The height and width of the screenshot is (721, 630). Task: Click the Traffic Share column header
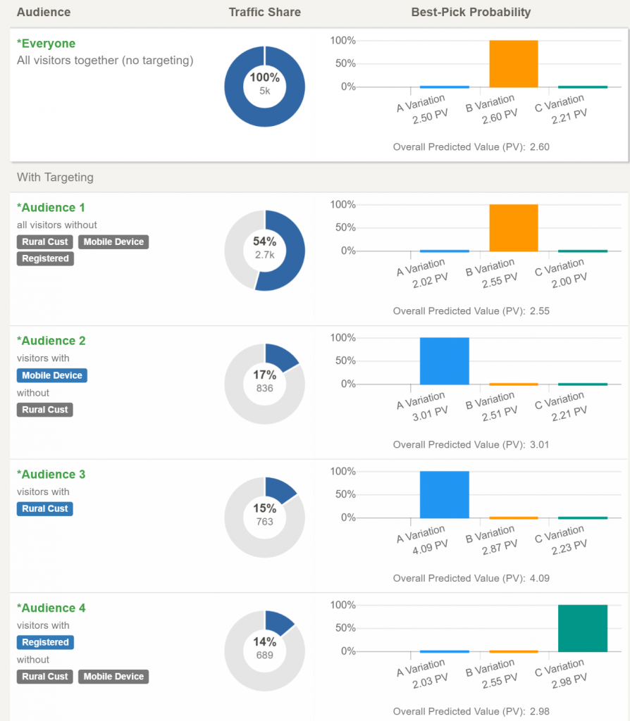tap(264, 12)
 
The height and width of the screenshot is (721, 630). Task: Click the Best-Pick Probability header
tap(471, 12)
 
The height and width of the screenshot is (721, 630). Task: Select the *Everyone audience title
tap(46, 44)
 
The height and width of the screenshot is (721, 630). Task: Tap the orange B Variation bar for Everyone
tap(513, 63)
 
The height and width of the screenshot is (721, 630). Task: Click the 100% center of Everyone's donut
tap(264, 77)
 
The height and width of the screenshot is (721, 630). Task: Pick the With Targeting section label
tap(55, 177)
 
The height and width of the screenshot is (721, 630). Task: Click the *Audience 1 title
tap(51, 208)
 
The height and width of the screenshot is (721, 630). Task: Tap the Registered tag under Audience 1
tap(45, 258)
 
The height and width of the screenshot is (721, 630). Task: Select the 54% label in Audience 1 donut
tap(264, 242)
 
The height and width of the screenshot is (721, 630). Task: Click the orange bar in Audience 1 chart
tap(513, 227)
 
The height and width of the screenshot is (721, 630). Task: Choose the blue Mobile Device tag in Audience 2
tap(52, 375)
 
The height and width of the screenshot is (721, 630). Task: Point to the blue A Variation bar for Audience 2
tap(444, 361)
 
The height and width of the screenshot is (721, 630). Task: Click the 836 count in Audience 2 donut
tap(264, 388)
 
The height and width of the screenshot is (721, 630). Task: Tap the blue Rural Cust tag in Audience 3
tap(45, 508)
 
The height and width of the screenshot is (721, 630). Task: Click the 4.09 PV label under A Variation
tap(429, 546)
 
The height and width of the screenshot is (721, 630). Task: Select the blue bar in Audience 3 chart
tap(444, 494)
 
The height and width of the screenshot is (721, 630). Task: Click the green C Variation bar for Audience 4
tap(582, 628)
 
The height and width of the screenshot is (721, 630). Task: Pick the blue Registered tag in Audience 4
tap(45, 642)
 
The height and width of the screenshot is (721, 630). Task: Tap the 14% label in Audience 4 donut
tap(264, 642)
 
